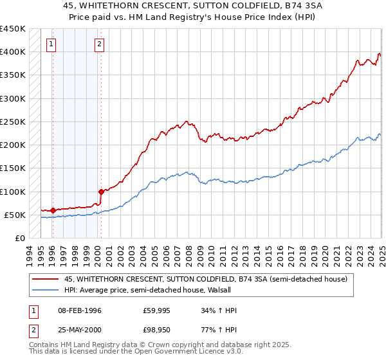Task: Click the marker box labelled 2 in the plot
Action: coord(100,44)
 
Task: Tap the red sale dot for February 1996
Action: coord(52,210)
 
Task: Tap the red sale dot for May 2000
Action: coord(101,192)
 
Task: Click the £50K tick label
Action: coord(14,215)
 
